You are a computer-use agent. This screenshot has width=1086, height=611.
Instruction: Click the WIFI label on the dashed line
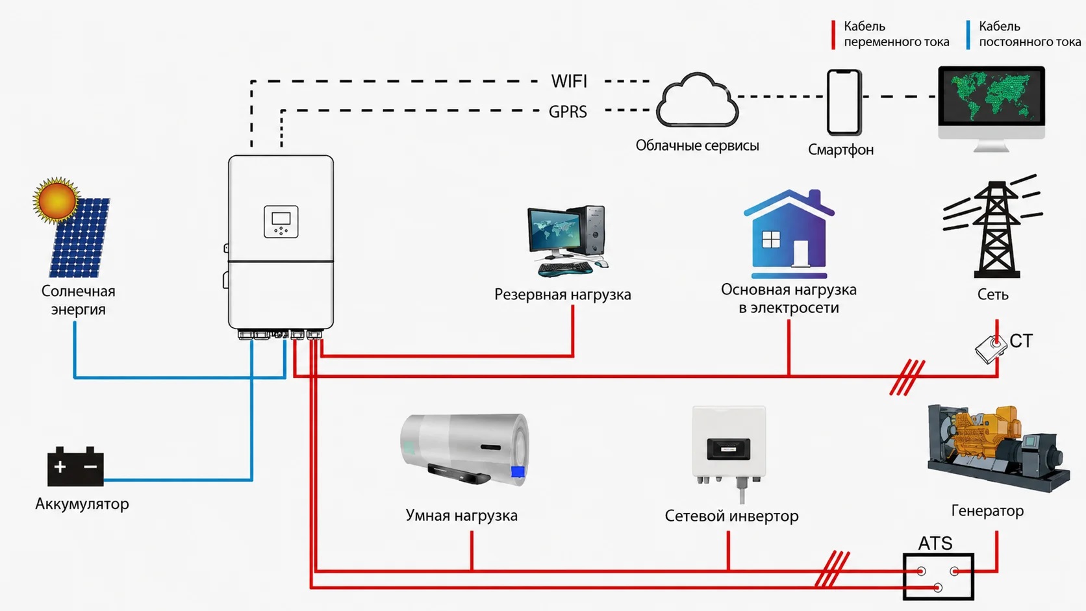point(569,81)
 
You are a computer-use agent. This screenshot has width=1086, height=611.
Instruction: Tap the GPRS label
point(568,112)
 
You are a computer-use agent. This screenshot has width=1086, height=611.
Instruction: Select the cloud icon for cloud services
point(697,100)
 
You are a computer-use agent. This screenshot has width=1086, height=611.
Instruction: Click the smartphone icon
point(844,102)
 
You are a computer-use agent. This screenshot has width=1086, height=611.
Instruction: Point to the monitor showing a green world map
point(991,108)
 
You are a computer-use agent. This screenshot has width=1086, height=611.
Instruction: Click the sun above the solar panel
point(57,199)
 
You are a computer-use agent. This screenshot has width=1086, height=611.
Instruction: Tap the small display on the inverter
point(281,221)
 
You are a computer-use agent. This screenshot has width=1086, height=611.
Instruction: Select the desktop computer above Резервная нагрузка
point(568,241)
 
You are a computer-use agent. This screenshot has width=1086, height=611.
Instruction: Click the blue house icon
point(789,234)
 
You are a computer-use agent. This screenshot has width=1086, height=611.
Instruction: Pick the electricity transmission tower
point(994,227)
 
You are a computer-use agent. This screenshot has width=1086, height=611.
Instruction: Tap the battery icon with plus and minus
point(75,466)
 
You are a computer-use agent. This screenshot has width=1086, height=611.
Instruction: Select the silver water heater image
point(464,449)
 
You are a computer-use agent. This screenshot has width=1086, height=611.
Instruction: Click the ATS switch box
point(938,577)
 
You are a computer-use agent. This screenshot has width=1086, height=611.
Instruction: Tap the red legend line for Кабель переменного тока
point(833,34)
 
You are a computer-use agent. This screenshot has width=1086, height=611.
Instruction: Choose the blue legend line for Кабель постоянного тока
point(968,34)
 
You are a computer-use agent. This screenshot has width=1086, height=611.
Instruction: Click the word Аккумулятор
point(82,504)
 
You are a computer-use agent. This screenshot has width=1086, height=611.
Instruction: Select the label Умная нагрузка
point(462,516)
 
